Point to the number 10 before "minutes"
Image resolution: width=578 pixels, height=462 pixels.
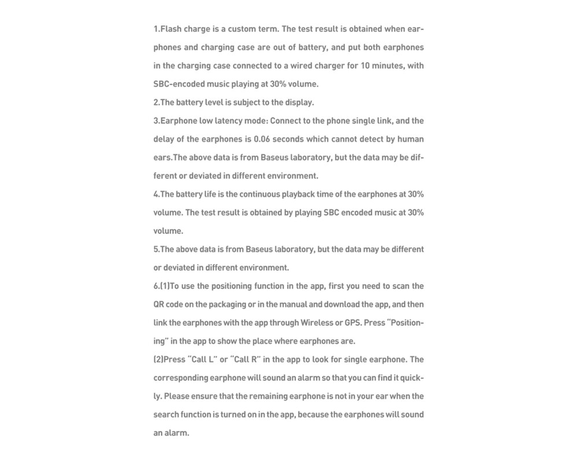[366, 65]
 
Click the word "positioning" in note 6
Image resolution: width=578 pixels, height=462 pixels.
[234, 286]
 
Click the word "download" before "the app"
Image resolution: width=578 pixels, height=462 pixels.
[343, 304]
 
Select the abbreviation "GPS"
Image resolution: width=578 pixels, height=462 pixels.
[353, 323]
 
